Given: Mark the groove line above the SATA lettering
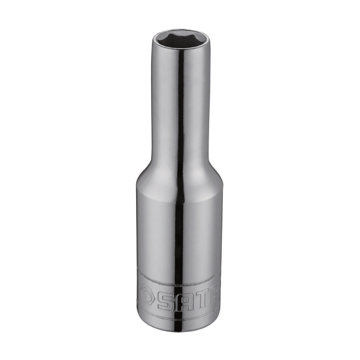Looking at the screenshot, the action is click(x=179, y=283).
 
